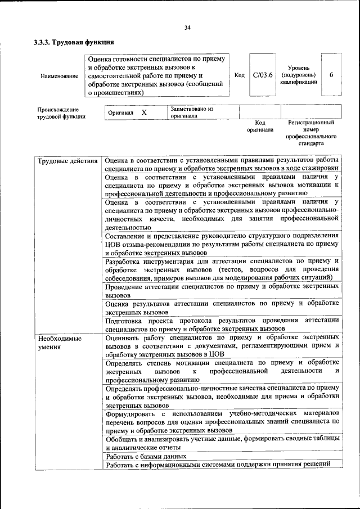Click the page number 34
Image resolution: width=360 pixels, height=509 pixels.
[187, 27]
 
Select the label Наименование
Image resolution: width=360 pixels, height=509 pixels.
[59, 75]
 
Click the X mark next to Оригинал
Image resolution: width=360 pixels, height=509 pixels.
[144, 112]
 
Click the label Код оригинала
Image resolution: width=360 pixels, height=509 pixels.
[260, 125]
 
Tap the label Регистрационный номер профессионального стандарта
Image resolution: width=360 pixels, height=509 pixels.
[310, 133]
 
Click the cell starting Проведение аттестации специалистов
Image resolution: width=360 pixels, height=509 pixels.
[222, 290]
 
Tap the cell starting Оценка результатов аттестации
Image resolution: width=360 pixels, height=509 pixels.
[222, 307]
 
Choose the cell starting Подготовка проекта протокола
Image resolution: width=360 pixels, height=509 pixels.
[222, 324]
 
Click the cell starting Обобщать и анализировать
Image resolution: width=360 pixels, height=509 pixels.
[222, 442]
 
